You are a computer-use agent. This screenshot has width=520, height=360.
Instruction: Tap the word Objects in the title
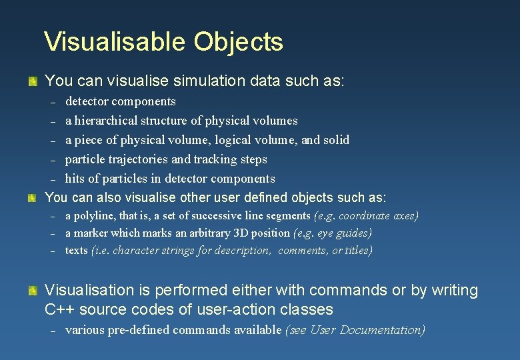coord(239,41)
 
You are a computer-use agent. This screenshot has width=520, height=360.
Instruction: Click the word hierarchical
coord(110,121)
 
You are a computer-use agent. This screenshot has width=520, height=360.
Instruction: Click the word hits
coord(75,179)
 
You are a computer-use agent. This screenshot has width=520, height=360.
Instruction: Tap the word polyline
coord(93,216)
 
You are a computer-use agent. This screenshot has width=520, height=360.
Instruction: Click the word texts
coord(76,251)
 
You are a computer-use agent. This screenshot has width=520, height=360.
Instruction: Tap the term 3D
coord(251,233)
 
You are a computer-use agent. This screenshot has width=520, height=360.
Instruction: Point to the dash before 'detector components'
coord(53,103)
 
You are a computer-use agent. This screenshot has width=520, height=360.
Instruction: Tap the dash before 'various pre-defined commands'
coord(53,331)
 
